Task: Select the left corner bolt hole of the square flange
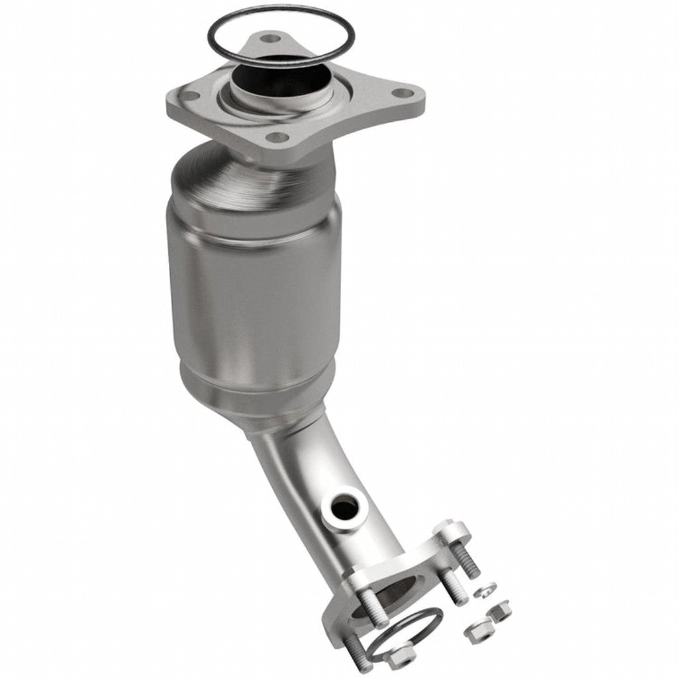point(190,97)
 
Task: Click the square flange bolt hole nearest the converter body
point(277,138)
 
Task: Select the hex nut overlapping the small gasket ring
point(403,659)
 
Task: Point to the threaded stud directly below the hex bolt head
point(454,583)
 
